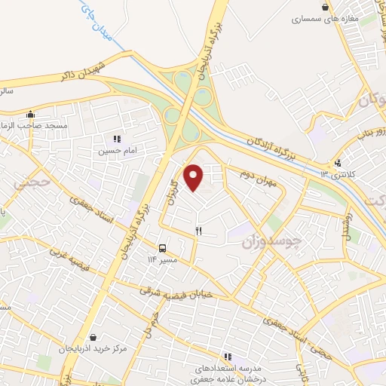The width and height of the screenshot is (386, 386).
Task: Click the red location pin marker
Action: [195, 177]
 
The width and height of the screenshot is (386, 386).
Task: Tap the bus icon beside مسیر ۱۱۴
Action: [162, 249]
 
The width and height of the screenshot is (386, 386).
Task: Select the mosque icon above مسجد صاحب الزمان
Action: [30, 115]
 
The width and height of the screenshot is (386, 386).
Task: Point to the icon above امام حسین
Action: [116, 139]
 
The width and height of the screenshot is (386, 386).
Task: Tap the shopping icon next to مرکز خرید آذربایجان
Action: [93, 338]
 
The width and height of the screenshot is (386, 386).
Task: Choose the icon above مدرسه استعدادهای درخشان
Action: [227, 357]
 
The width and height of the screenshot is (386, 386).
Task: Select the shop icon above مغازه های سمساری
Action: [325, 7]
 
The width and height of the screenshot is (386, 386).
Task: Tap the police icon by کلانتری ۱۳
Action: [339, 163]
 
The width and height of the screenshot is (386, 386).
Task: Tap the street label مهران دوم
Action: [259, 180]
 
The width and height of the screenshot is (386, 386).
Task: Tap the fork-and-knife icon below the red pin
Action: [198, 231]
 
